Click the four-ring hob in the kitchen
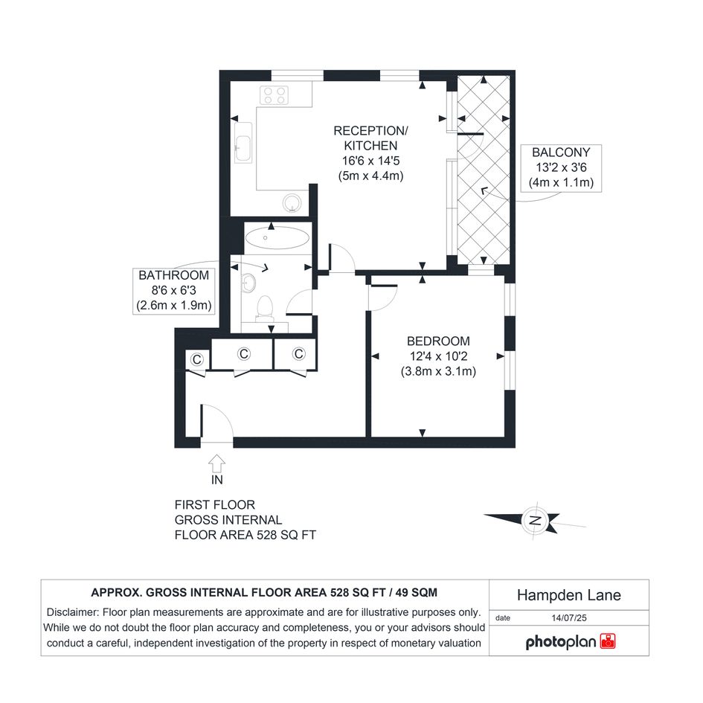275,95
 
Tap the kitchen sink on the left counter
243,143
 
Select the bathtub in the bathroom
277,237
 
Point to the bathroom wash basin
248,283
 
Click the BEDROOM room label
438,341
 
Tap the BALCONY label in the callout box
561,153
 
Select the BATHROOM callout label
173,275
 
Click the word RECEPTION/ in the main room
370,131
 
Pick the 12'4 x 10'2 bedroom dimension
438,356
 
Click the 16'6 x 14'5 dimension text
370,161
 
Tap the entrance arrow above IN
217,463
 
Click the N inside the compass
535,521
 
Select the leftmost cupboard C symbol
197,359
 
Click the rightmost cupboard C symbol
299,354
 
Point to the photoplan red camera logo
608,641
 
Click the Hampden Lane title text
569,595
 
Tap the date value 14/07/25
569,617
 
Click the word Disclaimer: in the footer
74,612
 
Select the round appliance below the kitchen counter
292,203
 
